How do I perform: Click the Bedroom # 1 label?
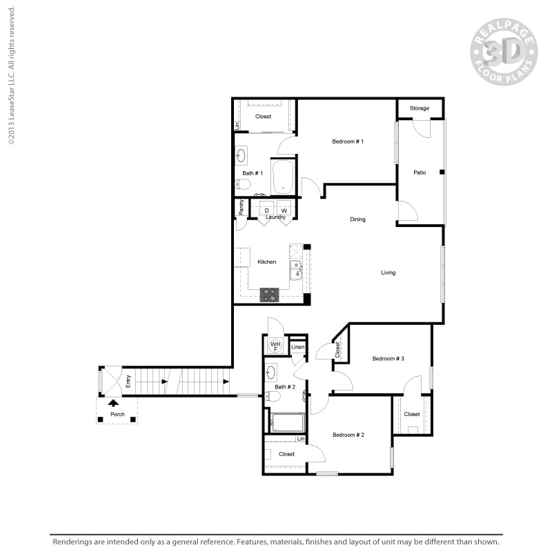click(x=347, y=141)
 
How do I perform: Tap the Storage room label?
click(x=420, y=108)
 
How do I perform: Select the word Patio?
click(x=420, y=172)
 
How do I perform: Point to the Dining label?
click(x=357, y=219)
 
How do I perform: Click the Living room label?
click(x=388, y=273)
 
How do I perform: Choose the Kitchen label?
click(x=267, y=262)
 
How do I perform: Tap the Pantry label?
click(x=241, y=207)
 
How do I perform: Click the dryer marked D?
click(x=266, y=210)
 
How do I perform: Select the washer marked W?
click(x=284, y=210)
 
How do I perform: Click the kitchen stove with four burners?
click(x=269, y=295)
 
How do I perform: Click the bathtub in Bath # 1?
click(x=283, y=177)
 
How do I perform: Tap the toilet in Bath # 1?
click(x=243, y=184)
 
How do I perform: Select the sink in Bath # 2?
click(x=271, y=373)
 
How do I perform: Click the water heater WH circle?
click(x=275, y=345)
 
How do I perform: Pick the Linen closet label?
click(x=297, y=347)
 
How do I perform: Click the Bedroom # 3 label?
click(x=388, y=359)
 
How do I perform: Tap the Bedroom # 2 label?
click(x=348, y=435)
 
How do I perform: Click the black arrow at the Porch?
click(x=113, y=402)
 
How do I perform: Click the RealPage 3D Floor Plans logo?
click(x=504, y=51)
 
